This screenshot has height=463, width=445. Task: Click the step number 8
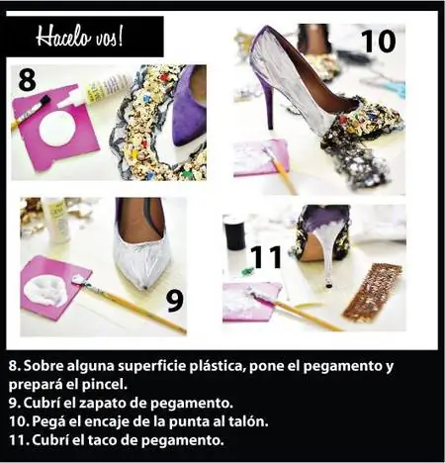tap(27, 80)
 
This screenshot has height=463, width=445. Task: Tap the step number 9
tap(174, 301)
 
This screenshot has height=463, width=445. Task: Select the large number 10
tap(378, 42)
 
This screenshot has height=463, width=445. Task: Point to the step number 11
tap(266, 256)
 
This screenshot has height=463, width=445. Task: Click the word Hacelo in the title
tap(63, 37)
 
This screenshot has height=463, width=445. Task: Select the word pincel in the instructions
tap(109, 385)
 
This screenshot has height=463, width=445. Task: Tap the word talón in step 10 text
tap(248, 421)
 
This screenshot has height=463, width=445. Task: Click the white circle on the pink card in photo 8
tap(56, 129)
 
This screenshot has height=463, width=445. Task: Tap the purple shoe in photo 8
tap(189, 106)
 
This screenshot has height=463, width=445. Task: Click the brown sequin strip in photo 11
tap(374, 293)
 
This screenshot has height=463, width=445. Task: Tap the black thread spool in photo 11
tap(234, 234)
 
